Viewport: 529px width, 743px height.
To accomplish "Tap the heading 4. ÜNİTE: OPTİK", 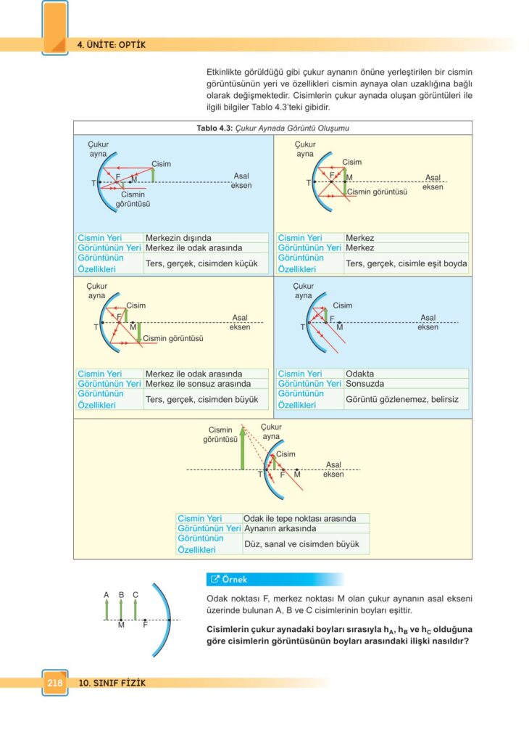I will pyautogui.click(x=112, y=45).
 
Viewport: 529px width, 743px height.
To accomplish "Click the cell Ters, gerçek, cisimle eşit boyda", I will pyautogui.click(x=406, y=263).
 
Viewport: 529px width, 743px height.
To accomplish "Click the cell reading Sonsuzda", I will pyautogui.click(x=365, y=383).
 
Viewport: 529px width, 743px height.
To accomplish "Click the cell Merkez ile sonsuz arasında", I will pyautogui.click(x=199, y=383).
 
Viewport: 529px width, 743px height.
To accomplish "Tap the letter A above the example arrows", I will pyautogui.click(x=107, y=595).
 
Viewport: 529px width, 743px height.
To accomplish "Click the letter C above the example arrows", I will pyautogui.click(x=136, y=595).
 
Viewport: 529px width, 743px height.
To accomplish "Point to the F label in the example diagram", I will pyautogui.click(x=145, y=625).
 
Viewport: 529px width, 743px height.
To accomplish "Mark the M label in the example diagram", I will pyautogui.click(x=121, y=625).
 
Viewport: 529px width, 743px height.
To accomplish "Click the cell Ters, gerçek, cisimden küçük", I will pyautogui.click(x=201, y=263).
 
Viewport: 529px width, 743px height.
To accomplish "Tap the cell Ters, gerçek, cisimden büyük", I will pyautogui.click(x=201, y=399).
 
